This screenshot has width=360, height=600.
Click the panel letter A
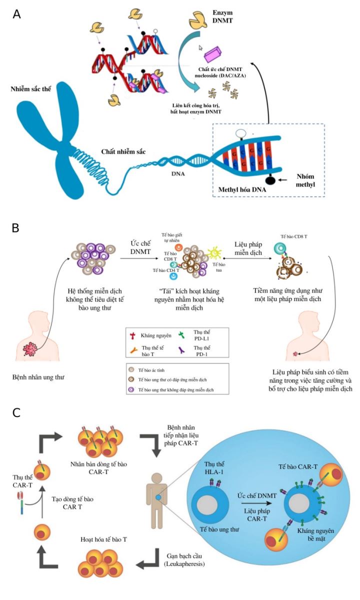[17, 13]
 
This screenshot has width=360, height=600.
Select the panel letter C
[16, 412]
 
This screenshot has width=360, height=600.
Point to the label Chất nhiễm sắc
[123, 151]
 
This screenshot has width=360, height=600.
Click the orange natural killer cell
[178, 247]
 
